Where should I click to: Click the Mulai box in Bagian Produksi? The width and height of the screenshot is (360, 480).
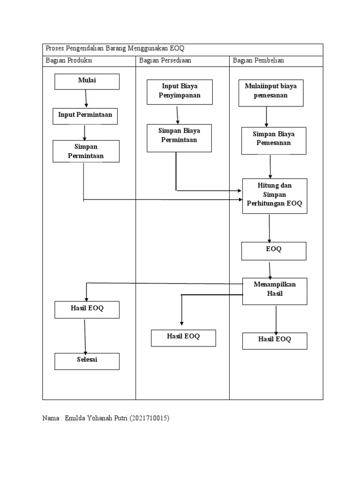pos(87,82)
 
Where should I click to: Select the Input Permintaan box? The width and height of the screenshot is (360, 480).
pos(85,116)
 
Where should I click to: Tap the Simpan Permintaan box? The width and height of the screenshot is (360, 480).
pos(86,151)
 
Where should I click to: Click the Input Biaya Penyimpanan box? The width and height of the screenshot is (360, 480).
pos(180,91)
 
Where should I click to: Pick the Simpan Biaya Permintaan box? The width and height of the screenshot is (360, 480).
pos(179,138)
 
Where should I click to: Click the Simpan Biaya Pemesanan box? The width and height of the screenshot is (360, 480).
pos(274,141)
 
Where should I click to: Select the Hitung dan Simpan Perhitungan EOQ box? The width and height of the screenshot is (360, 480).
pos(275,196)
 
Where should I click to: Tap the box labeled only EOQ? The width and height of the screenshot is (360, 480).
pos(274,251)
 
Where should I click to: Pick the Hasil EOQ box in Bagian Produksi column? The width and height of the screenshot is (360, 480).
pos(87,309)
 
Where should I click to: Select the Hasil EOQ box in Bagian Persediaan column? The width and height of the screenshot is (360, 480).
pos(183,337)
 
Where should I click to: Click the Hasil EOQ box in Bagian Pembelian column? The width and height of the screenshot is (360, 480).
pos(275,341)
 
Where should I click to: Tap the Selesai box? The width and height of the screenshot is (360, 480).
pos(87,361)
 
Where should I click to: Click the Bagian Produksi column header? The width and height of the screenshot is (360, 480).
pos(69,61)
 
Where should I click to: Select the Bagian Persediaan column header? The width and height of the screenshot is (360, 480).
pos(165,61)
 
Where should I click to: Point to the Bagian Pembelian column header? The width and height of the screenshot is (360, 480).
pos(258,61)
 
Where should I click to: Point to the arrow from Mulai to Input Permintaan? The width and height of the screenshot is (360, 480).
pos(86,98)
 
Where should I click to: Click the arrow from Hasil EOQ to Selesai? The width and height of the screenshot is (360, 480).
pos(85,336)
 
